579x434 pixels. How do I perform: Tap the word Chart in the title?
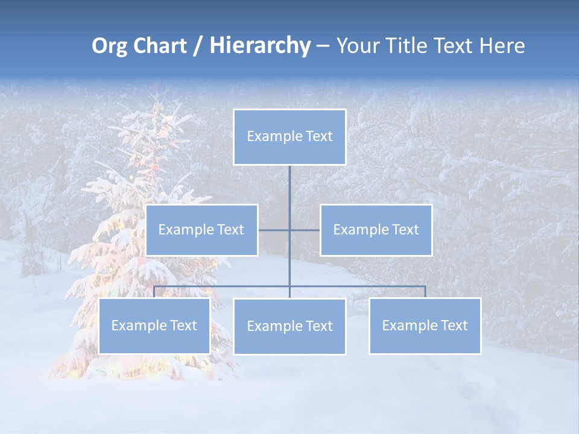click(x=157, y=46)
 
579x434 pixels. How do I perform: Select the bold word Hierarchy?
click(x=260, y=46)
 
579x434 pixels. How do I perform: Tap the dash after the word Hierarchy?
click(x=323, y=46)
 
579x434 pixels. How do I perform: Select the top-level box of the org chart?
click(x=289, y=137)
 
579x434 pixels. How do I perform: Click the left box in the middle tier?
click(x=201, y=230)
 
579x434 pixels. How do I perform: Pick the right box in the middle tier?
click(x=376, y=230)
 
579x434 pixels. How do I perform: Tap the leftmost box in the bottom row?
click(x=154, y=325)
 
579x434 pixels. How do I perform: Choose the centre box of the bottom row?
click(x=289, y=326)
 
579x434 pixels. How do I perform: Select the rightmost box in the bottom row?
click(x=425, y=325)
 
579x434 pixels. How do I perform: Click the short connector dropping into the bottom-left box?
click(x=154, y=292)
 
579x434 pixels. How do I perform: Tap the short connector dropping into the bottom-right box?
click(x=425, y=292)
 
